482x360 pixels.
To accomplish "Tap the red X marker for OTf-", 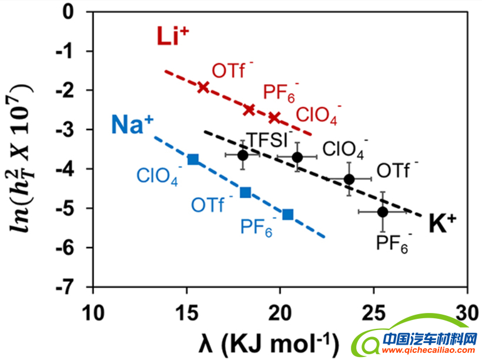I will tap(203, 87).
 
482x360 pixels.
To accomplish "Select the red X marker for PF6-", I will tap(249, 109).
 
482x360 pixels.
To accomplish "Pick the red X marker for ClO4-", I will tap(274, 118).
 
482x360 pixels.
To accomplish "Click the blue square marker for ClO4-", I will tap(193, 159).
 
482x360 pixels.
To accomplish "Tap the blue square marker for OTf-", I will tap(246, 192).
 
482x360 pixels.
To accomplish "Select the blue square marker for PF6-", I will tap(288, 215).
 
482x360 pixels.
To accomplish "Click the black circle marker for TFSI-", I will tap(243, 155).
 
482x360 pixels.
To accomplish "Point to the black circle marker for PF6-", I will tap(383, 212).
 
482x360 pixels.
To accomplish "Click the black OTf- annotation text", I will tap(397, 171).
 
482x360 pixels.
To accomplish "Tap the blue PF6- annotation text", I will tap(256, 227).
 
